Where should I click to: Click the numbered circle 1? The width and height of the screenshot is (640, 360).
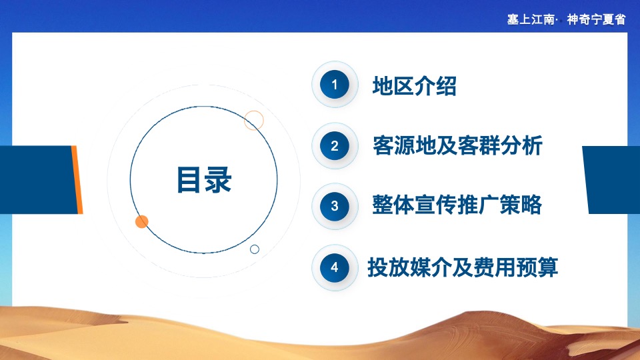(x=335, y=85)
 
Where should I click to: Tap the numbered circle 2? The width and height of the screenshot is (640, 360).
(x=335, y=146)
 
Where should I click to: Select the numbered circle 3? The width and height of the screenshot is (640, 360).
(x=335, y=206)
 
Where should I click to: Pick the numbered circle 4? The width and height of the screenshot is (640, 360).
(x=335, y=267)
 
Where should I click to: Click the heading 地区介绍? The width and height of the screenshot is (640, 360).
(x=414, y=86)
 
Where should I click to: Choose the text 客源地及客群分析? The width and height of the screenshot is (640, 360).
(x=458, y=146)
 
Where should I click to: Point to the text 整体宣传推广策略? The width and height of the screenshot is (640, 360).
(x=457, y=205)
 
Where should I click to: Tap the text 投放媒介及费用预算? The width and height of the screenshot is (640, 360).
(x=463, y=267)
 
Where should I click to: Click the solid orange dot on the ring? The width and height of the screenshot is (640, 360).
(x=141, y=221)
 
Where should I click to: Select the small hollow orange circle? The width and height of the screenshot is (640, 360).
(x=254, y=120)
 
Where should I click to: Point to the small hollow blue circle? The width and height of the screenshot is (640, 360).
(x=255, y=249)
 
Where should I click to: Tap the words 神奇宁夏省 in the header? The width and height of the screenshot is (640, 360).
(x=596, y=19)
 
